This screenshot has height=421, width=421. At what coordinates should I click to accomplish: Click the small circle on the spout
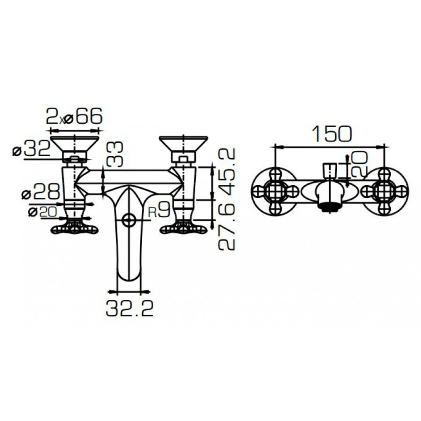[128, 219]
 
